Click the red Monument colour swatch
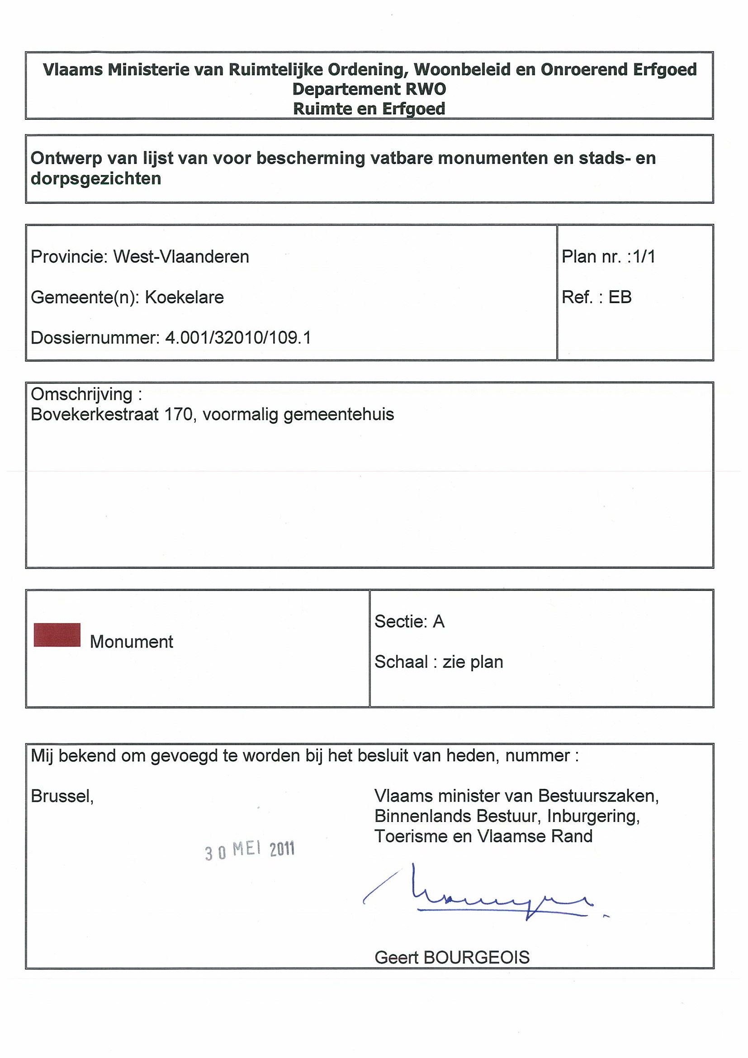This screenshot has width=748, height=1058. (x=57, y=635)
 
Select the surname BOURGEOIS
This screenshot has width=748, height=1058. (x=477, y=958)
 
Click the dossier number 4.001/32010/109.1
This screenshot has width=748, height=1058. (x=238, y=338)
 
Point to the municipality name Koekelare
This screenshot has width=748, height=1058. (x=185, y=297)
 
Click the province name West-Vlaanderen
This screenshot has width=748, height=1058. (x=181, y=257)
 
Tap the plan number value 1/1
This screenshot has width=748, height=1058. (x=644, y=257)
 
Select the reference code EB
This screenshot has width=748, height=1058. (x=620, y=297)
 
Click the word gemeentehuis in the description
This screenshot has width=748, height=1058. (x=339, y=415)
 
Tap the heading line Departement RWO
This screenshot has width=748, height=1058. (x=369, y=89)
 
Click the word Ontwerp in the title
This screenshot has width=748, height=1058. (x=66, y=159)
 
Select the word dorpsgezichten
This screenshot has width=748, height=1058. (x=96, y=179)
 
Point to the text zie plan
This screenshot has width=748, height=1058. (x=473, y=662)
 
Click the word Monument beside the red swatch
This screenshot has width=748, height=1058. (x=131, y=642)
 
